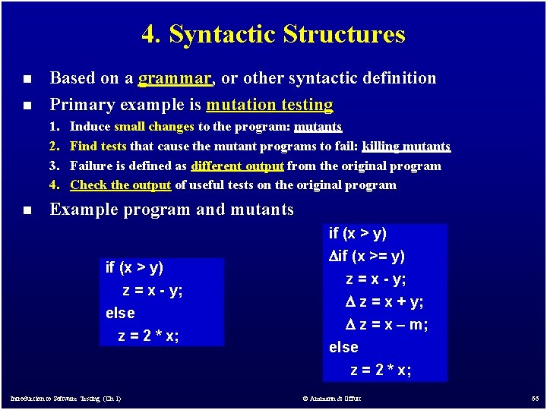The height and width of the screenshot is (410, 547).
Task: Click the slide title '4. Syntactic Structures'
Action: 273,34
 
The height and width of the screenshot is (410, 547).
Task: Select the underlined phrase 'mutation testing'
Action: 269,105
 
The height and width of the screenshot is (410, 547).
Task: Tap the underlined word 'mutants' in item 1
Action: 318,127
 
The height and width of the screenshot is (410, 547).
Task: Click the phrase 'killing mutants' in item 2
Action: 406,146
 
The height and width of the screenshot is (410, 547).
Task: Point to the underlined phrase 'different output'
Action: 238,166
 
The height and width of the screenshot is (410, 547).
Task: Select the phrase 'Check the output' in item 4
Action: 121,184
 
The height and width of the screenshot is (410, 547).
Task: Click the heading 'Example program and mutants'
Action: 171,210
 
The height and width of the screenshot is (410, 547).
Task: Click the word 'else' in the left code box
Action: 120,313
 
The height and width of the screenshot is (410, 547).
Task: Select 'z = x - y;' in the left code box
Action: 152,290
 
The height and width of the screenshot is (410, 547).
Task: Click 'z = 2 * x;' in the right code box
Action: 381,370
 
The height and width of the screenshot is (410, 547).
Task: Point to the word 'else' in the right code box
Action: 343,347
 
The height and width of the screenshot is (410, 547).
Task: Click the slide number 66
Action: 533,398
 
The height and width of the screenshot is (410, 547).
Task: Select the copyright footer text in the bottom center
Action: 331,399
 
